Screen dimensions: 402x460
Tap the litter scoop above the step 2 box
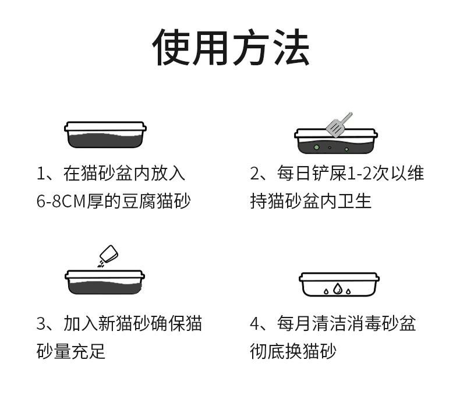click(x=338, y=123)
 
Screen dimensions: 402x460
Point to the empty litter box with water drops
click(x=339, y=284)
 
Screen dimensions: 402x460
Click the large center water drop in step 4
click(x=338, y=287)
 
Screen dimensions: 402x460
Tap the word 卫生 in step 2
click(x=358, y=202)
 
